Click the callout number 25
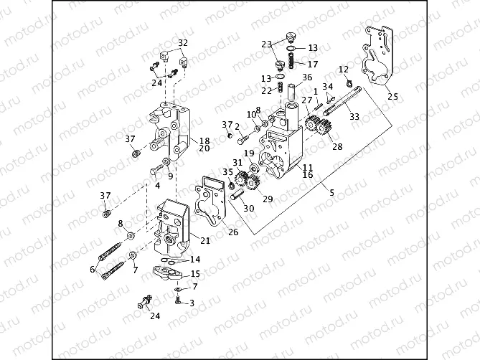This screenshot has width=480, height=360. coord(391,96)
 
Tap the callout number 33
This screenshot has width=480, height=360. coord(354,116)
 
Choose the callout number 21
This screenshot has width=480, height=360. coord(205,240)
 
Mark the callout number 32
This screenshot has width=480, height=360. coord(182,43)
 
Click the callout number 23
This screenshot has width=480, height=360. coord(266,44)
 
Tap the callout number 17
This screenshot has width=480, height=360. coord(313,64)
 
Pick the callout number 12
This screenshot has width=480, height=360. coord(344,69)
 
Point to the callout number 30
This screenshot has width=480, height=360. coord(248,209)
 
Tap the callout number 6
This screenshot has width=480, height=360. coord(92,270)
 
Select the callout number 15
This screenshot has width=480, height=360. coord(195,275)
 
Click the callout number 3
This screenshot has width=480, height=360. coord(192,303)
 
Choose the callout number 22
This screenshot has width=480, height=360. coord(266,90)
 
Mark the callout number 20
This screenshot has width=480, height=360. coord(204,148)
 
